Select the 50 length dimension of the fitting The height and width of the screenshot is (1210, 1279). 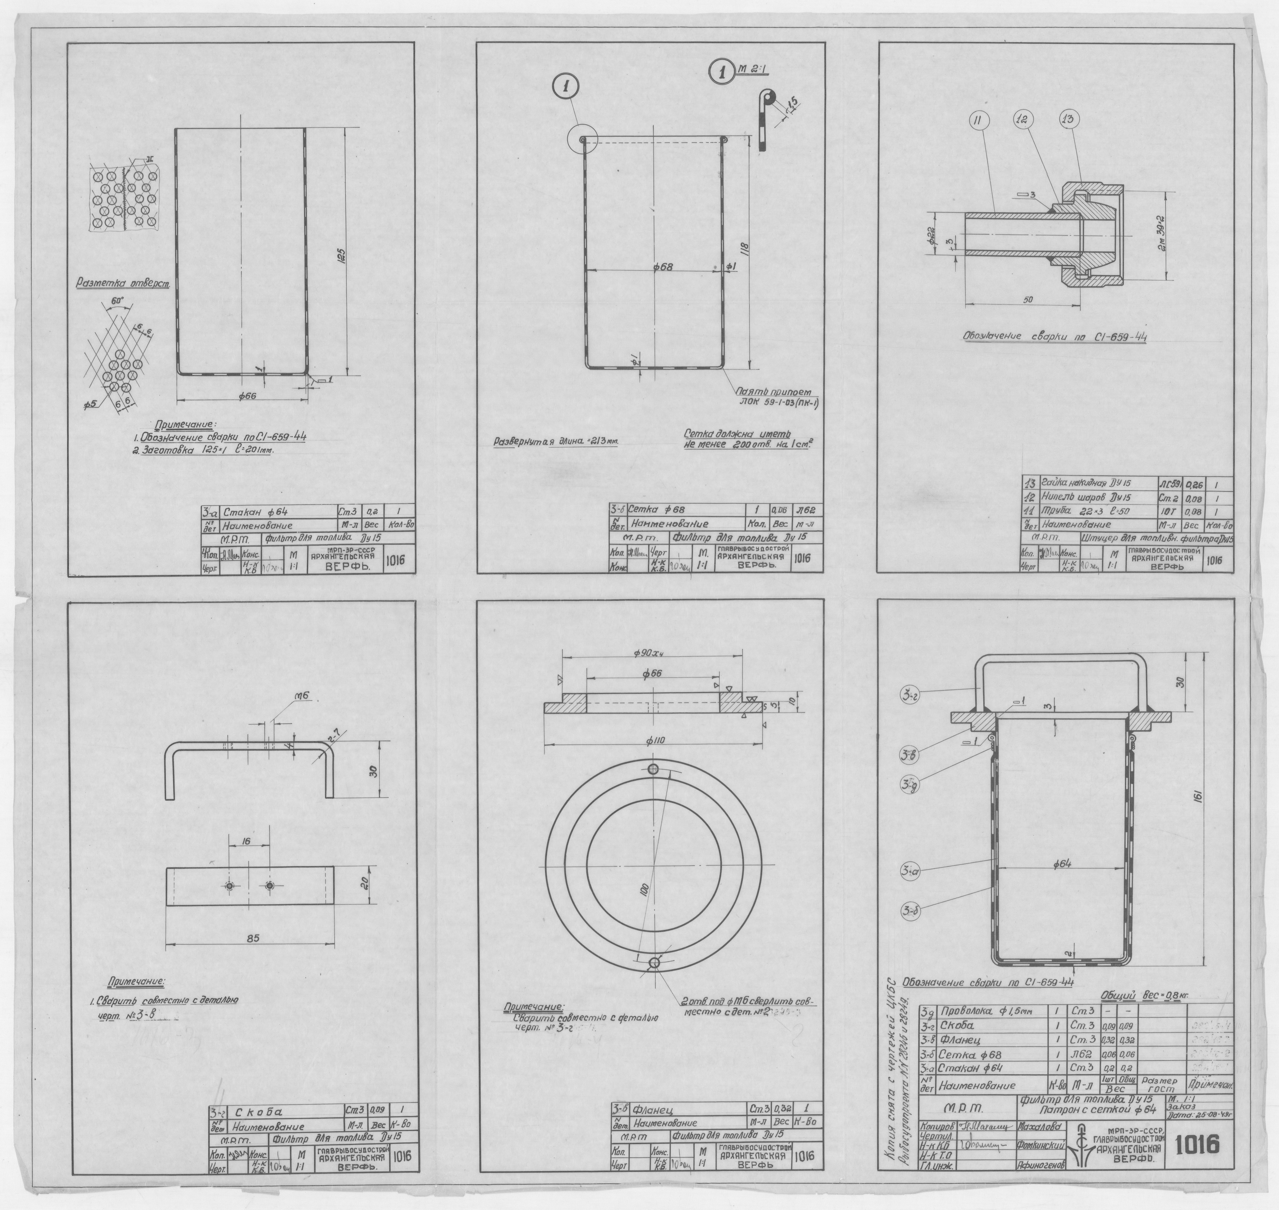tap(1029, 300)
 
